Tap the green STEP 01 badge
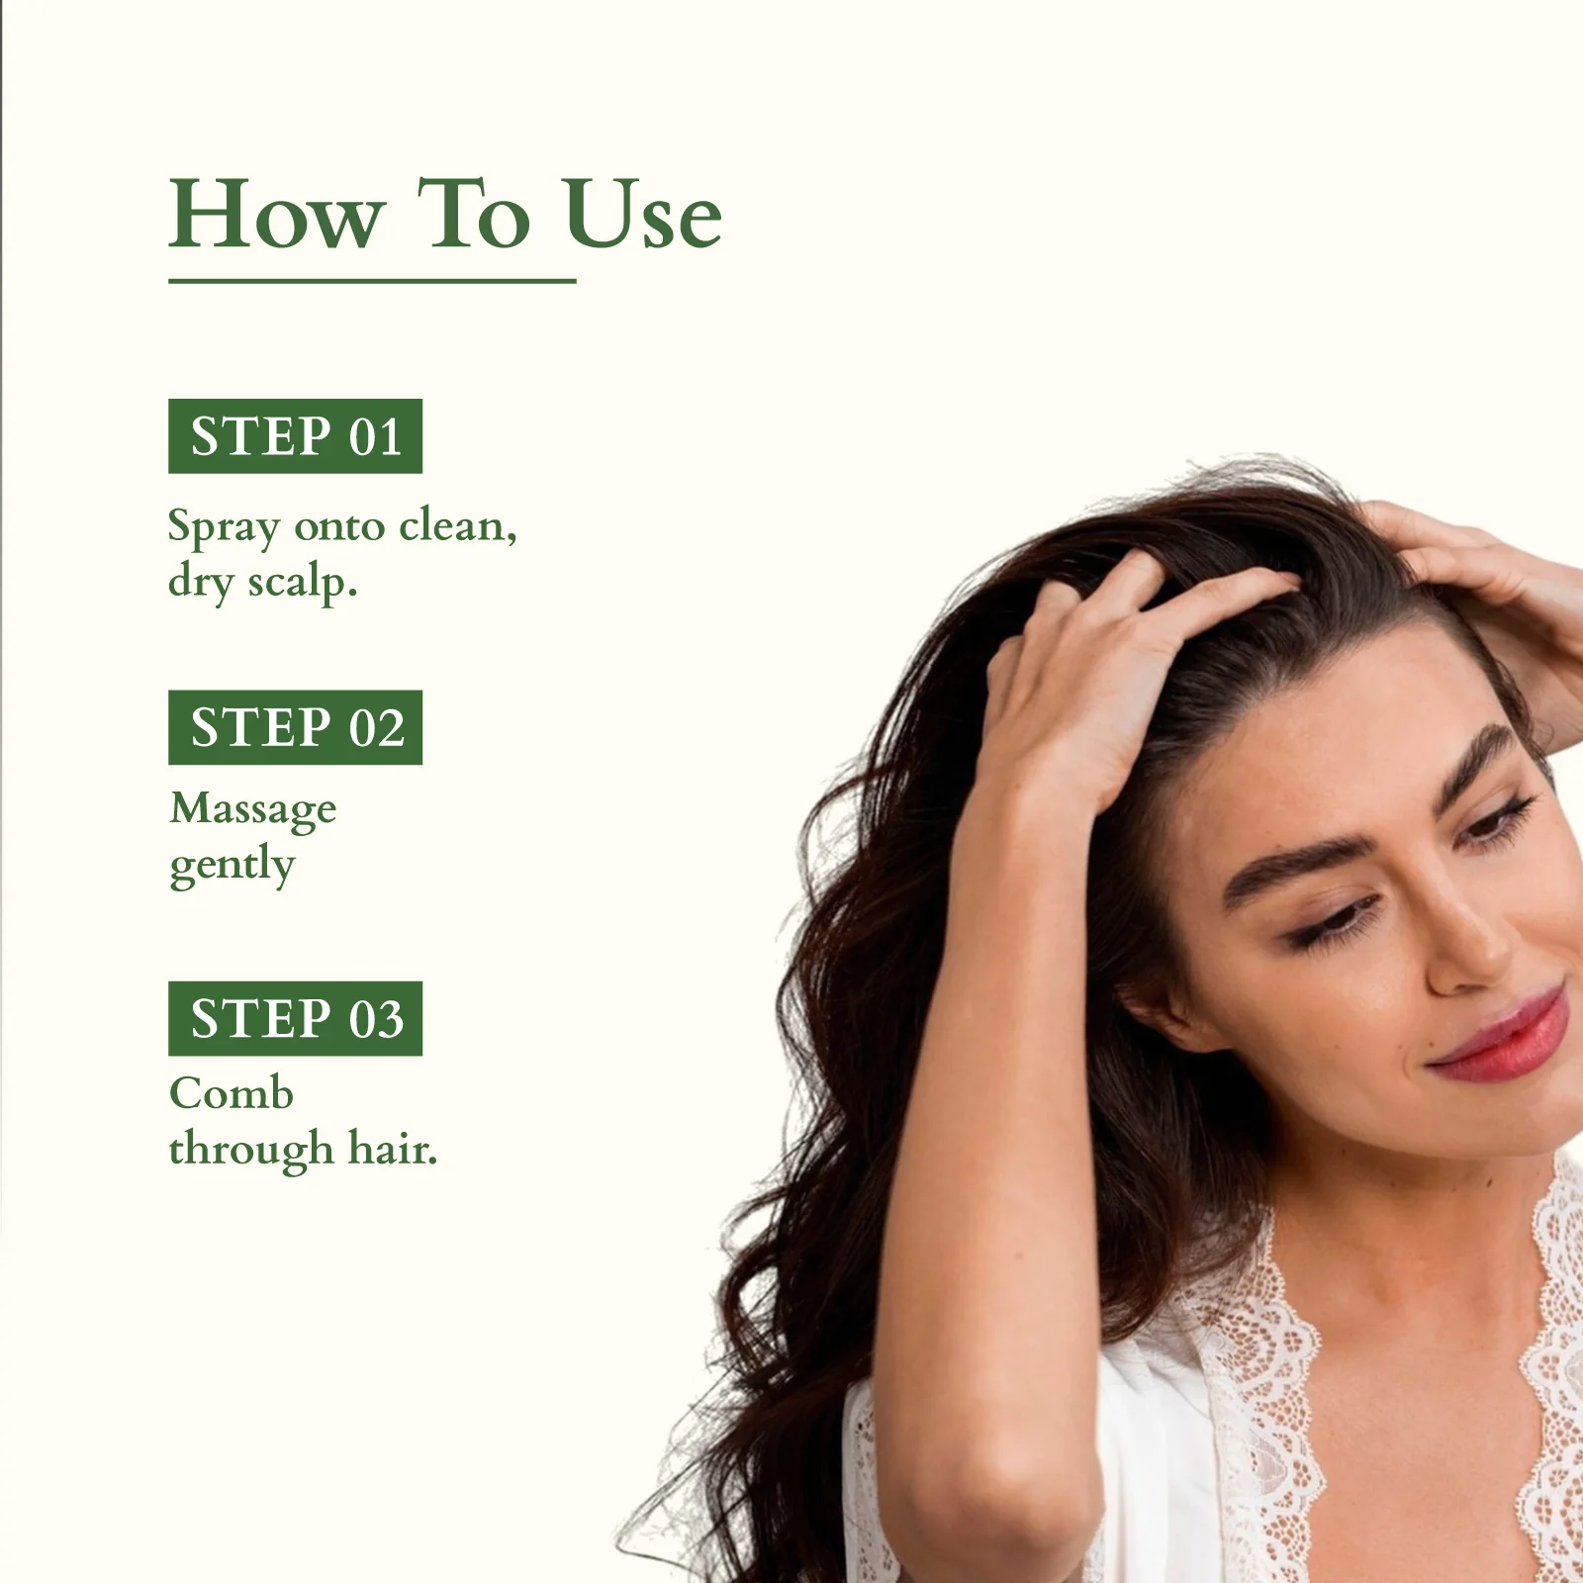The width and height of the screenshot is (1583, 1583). (295, 436)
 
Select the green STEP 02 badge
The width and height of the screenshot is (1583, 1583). (295, 727)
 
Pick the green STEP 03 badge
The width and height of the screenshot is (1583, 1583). (295, 1018)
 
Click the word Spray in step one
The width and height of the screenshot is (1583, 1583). (224, 527)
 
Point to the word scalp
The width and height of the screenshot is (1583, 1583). (302, 583)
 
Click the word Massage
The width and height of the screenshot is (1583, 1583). (253, 810)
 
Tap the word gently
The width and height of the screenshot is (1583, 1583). (233, 866)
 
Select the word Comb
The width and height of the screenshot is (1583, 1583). (232, 1093)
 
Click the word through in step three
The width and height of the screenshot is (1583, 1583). (251, 1151)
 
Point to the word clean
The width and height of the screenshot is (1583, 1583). (457, 525)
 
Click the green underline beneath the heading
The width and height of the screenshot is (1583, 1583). (372, 281)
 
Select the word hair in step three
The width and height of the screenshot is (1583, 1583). (392, 1149)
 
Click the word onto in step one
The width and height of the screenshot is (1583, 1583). (339, 526)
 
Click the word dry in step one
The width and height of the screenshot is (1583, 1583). (201, 583)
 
